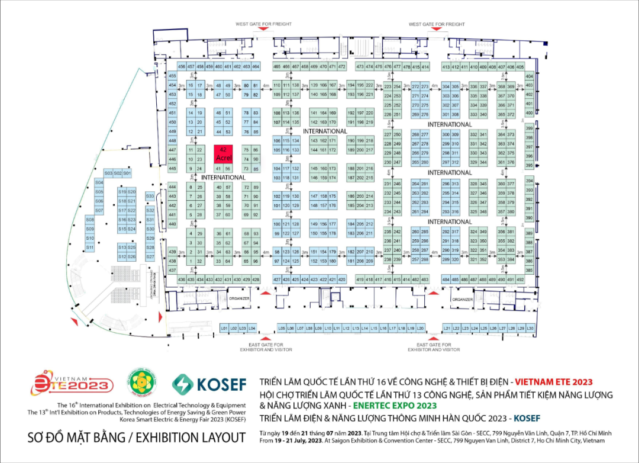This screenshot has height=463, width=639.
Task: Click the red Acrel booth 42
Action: pyautogui.click(x=223, y=153)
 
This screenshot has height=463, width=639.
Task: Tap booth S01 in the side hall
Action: pyautogui.click(x=127, y=173)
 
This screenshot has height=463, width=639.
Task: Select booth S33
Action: pyautogui.click(x=150, y=196)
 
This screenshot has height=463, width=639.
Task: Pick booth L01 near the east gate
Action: pyautogui.click(x=224, y=328)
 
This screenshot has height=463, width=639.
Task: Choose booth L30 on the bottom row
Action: pyautogui.click(x=530, y=328)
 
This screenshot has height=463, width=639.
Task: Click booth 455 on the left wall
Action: pyautogui.click(x=173, y=76)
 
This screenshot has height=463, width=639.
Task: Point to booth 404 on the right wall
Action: pyautogui.click(x=529, y=76)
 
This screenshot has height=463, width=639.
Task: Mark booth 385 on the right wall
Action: pyautogui.click(x=529, y=270)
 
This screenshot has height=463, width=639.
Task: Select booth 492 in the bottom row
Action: pyautogui.click(x=520, y=279)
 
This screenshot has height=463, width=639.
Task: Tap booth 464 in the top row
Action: pyautogui.click(x=256, y=67)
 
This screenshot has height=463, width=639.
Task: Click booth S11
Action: pyautogui.click(x=90, y=247)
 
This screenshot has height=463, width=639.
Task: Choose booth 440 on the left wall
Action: pyautogui.click(x=173, y=224)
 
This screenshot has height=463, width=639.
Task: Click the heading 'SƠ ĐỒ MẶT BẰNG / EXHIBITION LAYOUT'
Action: pyautogui.click(x=137, y=438)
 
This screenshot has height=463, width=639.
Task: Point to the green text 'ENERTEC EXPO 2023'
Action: pyautogui.click(x=393, y=406)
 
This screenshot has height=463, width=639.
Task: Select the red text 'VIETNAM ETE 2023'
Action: pyautogui.click(x=554, y=382)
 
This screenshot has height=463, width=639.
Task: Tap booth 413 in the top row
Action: pyautogui.click(x=446, y=67)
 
